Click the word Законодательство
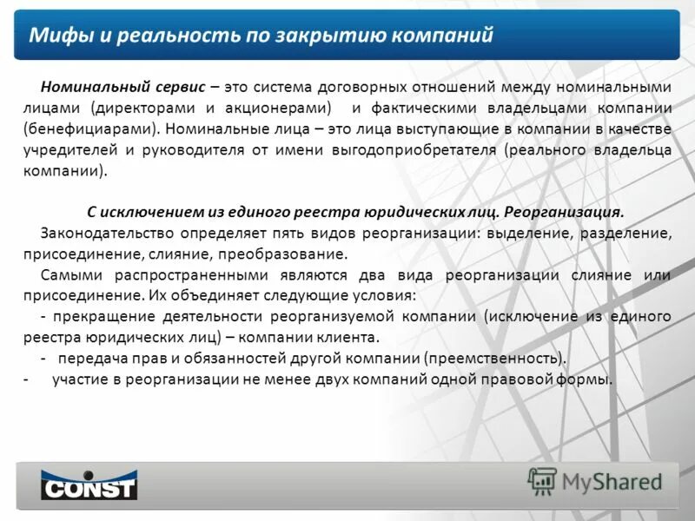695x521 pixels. click(x=104, y=234)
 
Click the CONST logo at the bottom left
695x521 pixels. click(x=89, y=485)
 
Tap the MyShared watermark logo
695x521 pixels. click(x=595, y=481)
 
